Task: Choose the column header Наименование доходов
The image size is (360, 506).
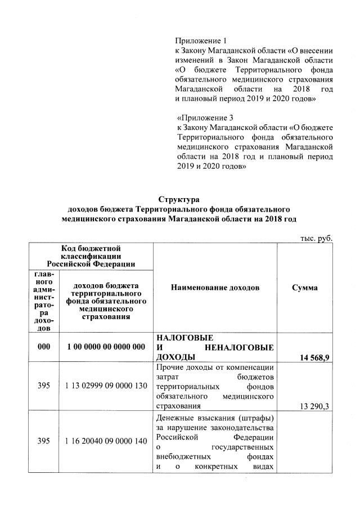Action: point(215,288)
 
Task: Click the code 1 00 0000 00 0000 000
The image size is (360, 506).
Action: point(106,347)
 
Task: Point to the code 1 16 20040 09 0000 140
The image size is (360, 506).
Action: point(106,442)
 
